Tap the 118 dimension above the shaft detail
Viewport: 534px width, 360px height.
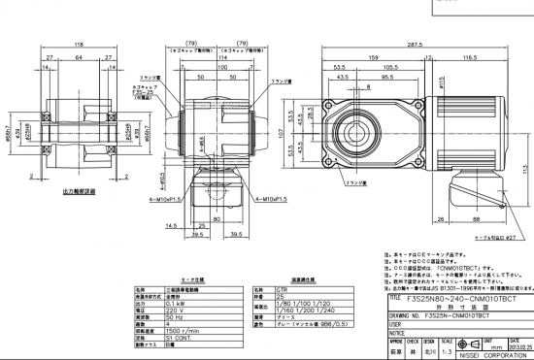point(78,45)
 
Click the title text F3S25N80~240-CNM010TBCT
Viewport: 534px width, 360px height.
point(456,301)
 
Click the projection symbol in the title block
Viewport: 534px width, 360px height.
point(465,346)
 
